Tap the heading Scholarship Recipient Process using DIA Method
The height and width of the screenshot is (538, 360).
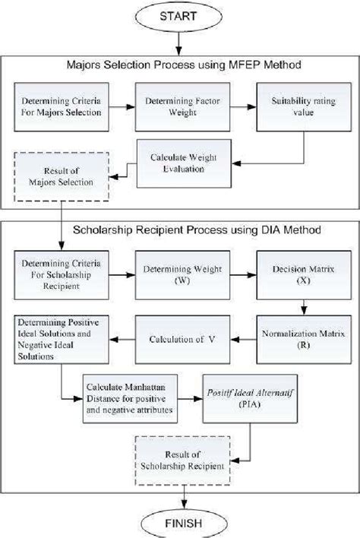point(179,229)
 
